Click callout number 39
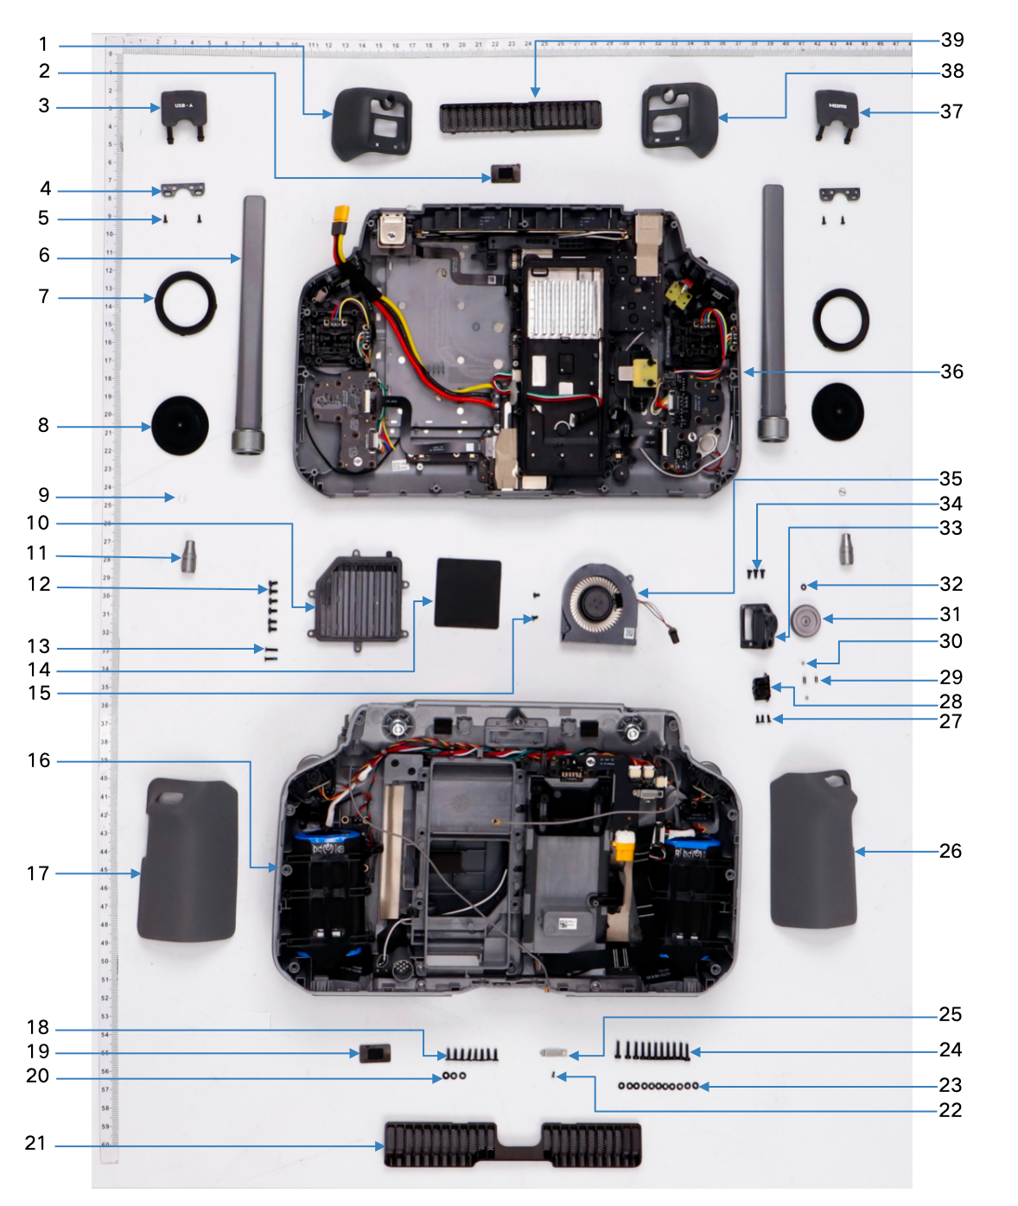point(952,40)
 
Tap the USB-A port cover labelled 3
point(184,109)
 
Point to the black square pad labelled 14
point(468,593)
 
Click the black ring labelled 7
point(185,301)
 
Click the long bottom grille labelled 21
point(512,1145)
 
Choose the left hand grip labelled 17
point(188,860)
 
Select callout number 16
point(39,760)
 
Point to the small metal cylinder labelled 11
point(188,556)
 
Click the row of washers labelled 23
point(659,1086)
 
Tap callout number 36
point(951,371)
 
